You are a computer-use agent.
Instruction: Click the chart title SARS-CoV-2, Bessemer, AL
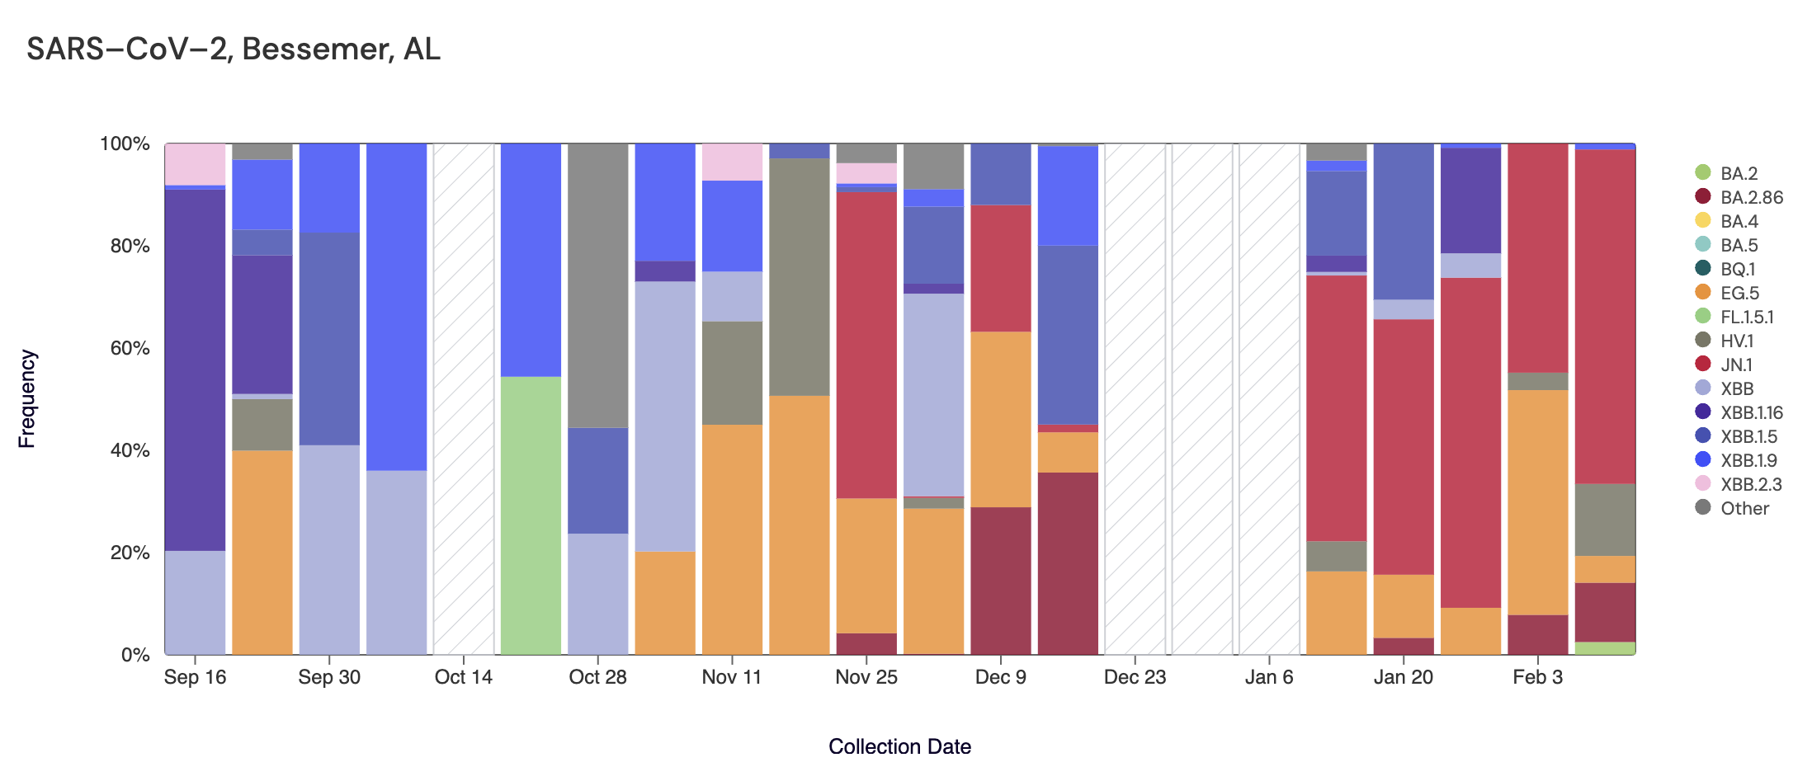[x=234, y=49]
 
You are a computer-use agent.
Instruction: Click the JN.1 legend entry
[x=1735, y=365]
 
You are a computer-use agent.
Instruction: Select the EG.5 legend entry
[x=1739, y=293]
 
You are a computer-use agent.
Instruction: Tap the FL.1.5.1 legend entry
[x=1746, y=317]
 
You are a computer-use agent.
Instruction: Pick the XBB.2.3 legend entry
[x=1750, y=484]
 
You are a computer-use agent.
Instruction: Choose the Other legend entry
[x=1744, y=508]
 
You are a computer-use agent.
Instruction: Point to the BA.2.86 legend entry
[x=1751, y=197]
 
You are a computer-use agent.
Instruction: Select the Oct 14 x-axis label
[x=463, y=677]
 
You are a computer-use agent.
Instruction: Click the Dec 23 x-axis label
[x=1135, y=677]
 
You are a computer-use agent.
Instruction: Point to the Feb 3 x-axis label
[x=1537, y=677]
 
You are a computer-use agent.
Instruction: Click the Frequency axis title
[x=27, y=398]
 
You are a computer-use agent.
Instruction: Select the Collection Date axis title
[x=899, y=746]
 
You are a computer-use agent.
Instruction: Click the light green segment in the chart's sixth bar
[x=531, y=515]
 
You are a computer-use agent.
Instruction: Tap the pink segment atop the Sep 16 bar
[x=195, y=164]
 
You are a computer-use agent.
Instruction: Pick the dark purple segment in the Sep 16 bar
[x=195, y=369]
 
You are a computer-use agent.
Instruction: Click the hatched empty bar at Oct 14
[x=463, y=399]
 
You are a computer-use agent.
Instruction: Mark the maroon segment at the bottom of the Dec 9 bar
[x=1000, y=581]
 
